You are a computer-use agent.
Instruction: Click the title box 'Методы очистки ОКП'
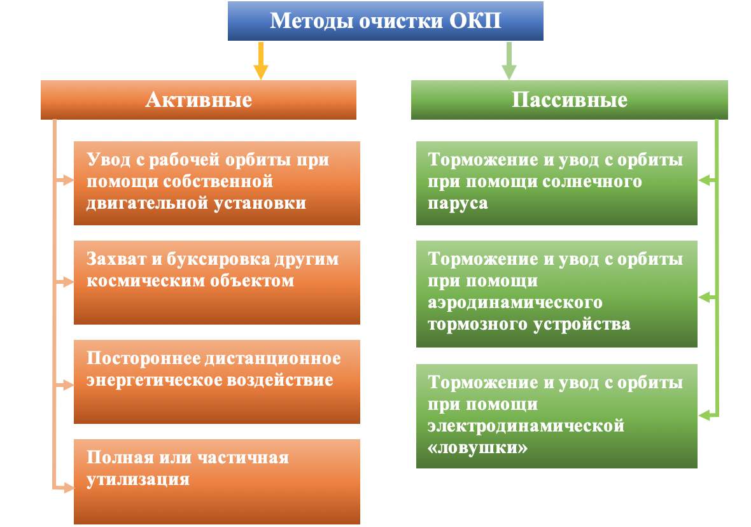click(386, 21)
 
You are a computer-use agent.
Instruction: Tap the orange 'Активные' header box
click(199, 100)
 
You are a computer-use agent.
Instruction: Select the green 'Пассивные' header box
click(570, 100)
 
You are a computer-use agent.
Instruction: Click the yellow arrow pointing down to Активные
click(260, 61)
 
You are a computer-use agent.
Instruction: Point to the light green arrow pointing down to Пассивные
click(509, 61)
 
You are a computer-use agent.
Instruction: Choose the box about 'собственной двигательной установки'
click(217, 183)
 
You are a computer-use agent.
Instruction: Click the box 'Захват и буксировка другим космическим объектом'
click(217, 283)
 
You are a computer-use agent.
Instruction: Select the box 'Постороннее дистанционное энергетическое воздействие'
click(217, 382)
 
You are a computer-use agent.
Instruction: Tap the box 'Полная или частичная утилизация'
click(217, 481)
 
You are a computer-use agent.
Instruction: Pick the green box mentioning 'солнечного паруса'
click(556, 183)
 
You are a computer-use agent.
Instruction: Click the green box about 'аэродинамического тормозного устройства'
click(556, 294)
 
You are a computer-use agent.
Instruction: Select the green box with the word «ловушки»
click(556, 416)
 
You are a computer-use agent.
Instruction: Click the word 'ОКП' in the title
click(475, 20)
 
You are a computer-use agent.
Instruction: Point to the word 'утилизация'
click(138, 479)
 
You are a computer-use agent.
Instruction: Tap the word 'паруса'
click(458, 204)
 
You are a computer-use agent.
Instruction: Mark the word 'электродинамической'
click(526, 425)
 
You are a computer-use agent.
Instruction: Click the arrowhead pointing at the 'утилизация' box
click(69, 488)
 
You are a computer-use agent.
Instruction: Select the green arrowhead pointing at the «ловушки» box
click(703, 416)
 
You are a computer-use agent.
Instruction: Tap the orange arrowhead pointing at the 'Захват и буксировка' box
click(69, 282)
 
